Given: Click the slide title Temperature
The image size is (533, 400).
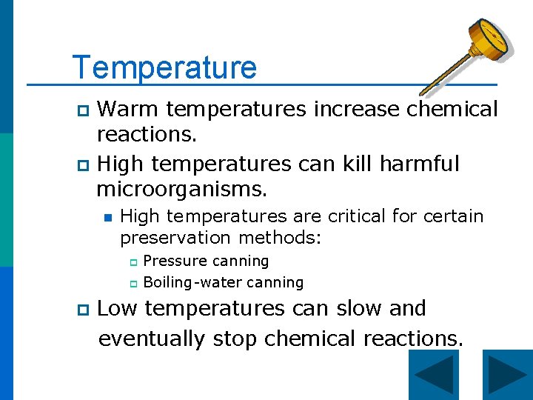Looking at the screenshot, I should (x=164, y=67).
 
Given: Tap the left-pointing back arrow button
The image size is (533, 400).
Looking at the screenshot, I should (x=433, y=375).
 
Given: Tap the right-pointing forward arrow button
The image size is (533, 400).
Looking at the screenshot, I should (x=507, y=375).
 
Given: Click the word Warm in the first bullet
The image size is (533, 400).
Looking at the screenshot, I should (x=128, y=110).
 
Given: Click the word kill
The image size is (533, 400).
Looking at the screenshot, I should (x=352, y=163).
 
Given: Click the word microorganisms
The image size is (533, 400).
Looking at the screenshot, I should (x=181, y=190).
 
